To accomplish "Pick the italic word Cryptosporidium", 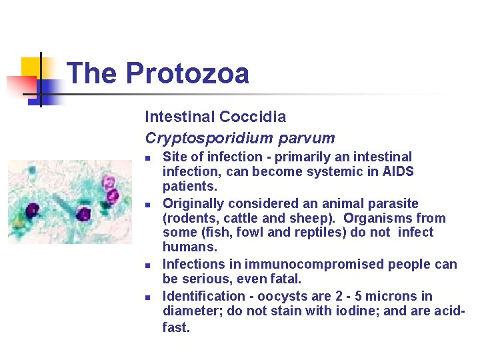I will (x=211, y=138).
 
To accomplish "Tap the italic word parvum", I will (x=308, y=138).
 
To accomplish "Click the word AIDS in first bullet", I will (x=398, y=172).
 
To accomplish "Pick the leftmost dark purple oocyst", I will (x=31, y=211).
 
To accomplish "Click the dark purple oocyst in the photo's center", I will (x=83, y=214).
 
